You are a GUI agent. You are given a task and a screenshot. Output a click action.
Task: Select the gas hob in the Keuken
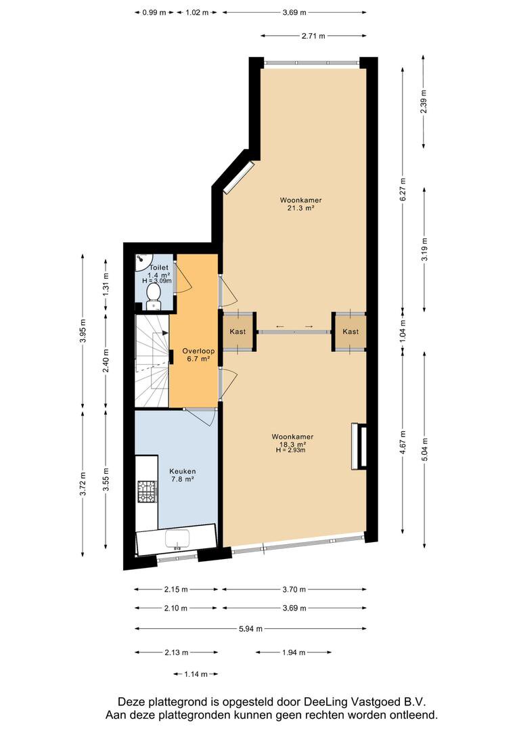(148, 492)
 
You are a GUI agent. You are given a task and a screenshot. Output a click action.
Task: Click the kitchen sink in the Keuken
(177, 539)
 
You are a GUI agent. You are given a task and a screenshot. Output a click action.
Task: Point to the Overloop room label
(198, 355)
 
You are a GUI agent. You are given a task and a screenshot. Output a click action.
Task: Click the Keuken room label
(182, 475)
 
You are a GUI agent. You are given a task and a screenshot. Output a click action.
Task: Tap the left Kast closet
(238, 332)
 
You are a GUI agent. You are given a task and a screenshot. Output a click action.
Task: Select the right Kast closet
(350, 332)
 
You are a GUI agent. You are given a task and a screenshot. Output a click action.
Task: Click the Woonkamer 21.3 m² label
(300, 204)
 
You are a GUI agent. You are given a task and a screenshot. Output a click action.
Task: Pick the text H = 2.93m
(290, 450)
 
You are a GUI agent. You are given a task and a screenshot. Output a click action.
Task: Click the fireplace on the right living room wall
(359, 445)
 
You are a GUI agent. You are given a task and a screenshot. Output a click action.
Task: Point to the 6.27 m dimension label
(403, 189)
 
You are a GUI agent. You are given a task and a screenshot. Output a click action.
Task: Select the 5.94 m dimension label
(251, 628)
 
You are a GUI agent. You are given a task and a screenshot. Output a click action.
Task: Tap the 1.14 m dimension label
(196, 673)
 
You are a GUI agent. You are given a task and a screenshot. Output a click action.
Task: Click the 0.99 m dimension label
(154, 13)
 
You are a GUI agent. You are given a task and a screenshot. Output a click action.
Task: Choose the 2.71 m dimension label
(313, 35)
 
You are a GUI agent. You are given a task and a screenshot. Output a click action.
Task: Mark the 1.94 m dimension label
(294, 652)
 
